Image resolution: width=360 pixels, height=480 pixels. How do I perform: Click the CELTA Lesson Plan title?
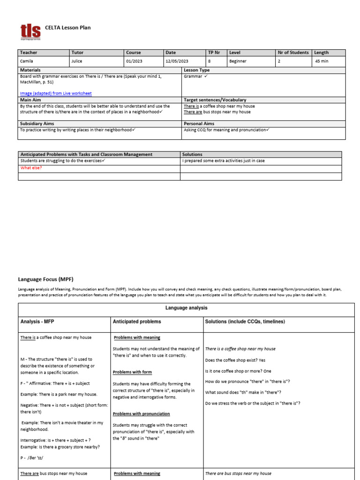(67, 28)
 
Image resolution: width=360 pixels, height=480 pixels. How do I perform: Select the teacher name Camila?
(27, 61)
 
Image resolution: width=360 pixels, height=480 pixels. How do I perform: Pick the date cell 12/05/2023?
(177, 61)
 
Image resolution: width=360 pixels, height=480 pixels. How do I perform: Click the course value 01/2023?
(135, 61)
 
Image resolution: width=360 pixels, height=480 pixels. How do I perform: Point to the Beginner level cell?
(239, 61)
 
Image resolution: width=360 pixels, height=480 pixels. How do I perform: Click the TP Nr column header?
(214, 52)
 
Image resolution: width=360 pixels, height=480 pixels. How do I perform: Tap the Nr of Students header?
(293, 52)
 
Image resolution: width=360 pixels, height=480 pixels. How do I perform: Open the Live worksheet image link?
(56, 93)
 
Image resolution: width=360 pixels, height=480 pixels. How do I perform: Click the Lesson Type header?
(196, 70)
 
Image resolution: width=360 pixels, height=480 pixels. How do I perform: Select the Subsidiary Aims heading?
(37, 123)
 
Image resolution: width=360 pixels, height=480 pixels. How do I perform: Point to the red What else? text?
(31, 168)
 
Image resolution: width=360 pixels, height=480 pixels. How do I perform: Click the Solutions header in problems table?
(192, 154)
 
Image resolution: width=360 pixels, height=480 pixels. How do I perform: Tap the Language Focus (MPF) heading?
(46, 279)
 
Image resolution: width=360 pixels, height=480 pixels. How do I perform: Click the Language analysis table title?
(186, 308)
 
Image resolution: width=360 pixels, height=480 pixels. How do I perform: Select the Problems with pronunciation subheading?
(142, 414)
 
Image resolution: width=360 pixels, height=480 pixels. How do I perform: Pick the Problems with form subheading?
(133, 372)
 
